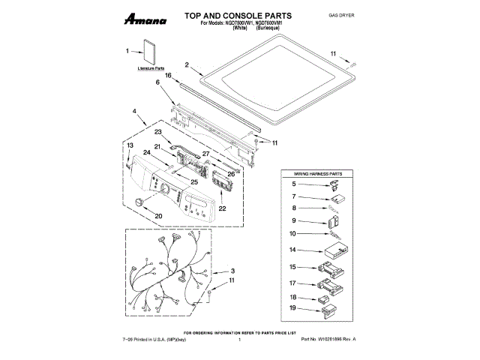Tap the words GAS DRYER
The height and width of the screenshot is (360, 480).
341,15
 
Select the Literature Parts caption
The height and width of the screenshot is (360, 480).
151,68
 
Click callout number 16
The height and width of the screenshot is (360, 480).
169,75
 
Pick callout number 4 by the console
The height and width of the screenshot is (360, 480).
133,112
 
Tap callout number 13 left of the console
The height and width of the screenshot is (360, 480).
129,145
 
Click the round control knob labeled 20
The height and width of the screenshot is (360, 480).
139,202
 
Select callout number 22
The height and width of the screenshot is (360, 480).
222,209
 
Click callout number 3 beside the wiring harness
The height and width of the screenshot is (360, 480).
232,271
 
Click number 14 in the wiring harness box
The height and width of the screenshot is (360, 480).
294,250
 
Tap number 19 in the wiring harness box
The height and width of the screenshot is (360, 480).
294,308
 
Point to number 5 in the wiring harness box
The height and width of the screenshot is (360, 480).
294,184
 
